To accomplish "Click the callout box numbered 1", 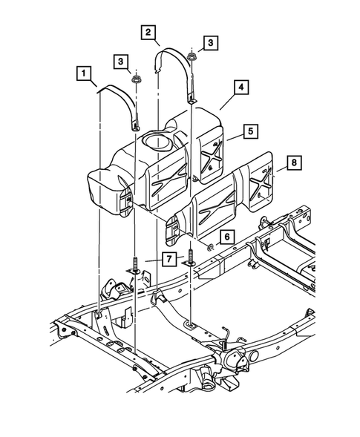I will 85,73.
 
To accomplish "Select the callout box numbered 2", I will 148,32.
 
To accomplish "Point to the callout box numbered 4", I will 240,88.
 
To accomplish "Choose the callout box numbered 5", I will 252,133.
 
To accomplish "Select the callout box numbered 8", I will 294,161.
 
